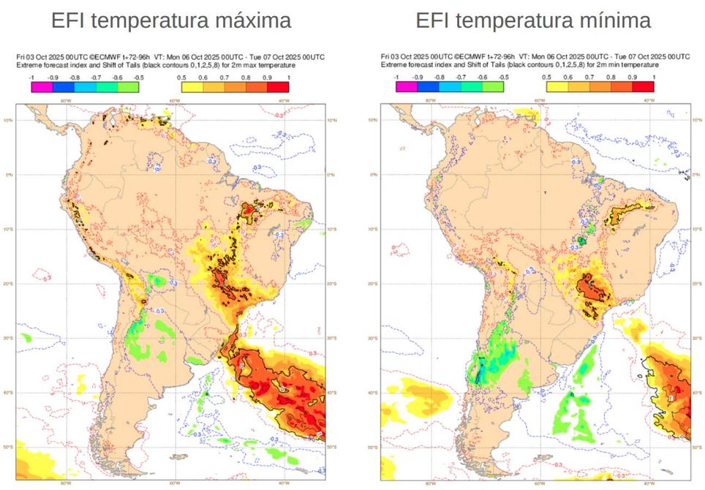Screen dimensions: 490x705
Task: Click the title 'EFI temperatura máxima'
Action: click(170, 20)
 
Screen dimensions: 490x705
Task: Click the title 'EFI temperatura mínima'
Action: click(533, 20)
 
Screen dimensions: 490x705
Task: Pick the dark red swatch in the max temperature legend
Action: click(279, 87)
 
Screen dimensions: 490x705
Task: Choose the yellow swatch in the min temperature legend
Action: click(555, 87)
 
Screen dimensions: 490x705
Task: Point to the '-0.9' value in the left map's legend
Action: click(53, 77)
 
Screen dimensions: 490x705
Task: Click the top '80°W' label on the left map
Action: click(65, 100)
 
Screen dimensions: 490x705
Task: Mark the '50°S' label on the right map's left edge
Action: click(385, 446)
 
